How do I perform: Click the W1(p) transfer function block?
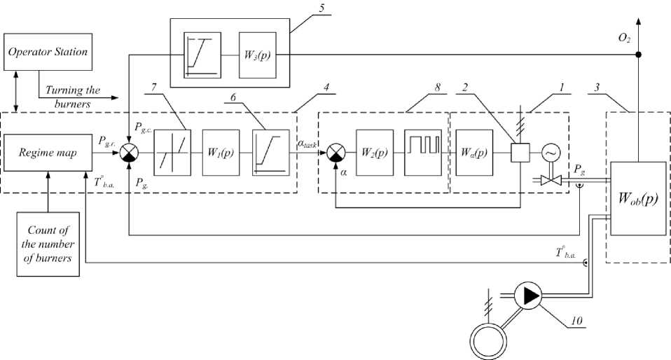tap(220, 152)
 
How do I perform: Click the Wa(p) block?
tap(472, 152)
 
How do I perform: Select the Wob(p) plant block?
tap(637, 199)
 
